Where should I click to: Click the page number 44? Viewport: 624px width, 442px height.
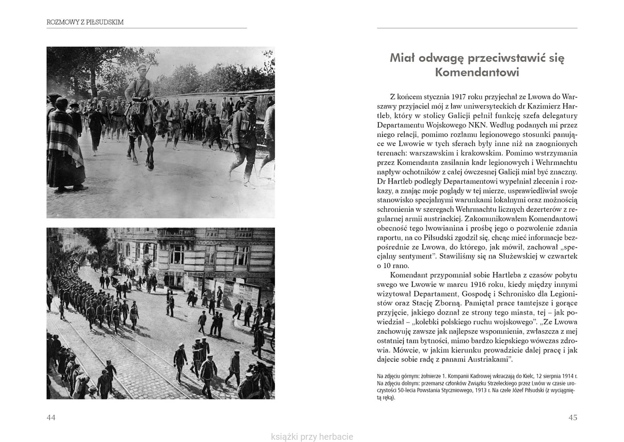pyautogui.click(x=51, y=417)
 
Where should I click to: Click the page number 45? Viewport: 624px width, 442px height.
pyautogui.click(x=573, y=417)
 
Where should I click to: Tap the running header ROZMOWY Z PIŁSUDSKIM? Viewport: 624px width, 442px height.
pyautogui.click(x=85, y=22)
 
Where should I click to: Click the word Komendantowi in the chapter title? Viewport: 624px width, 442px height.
pyautogui.click(x=477, y=72)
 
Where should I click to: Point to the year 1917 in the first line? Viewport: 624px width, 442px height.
pyautogui.click(x=459, y=96)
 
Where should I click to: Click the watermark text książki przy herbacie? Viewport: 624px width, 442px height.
pyautogui.click(x=312, y=437)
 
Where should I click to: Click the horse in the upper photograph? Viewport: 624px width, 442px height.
pyautogui.click(x=143, y=129)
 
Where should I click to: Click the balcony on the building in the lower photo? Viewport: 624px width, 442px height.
pyautogui.click(x=175, y=233)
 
